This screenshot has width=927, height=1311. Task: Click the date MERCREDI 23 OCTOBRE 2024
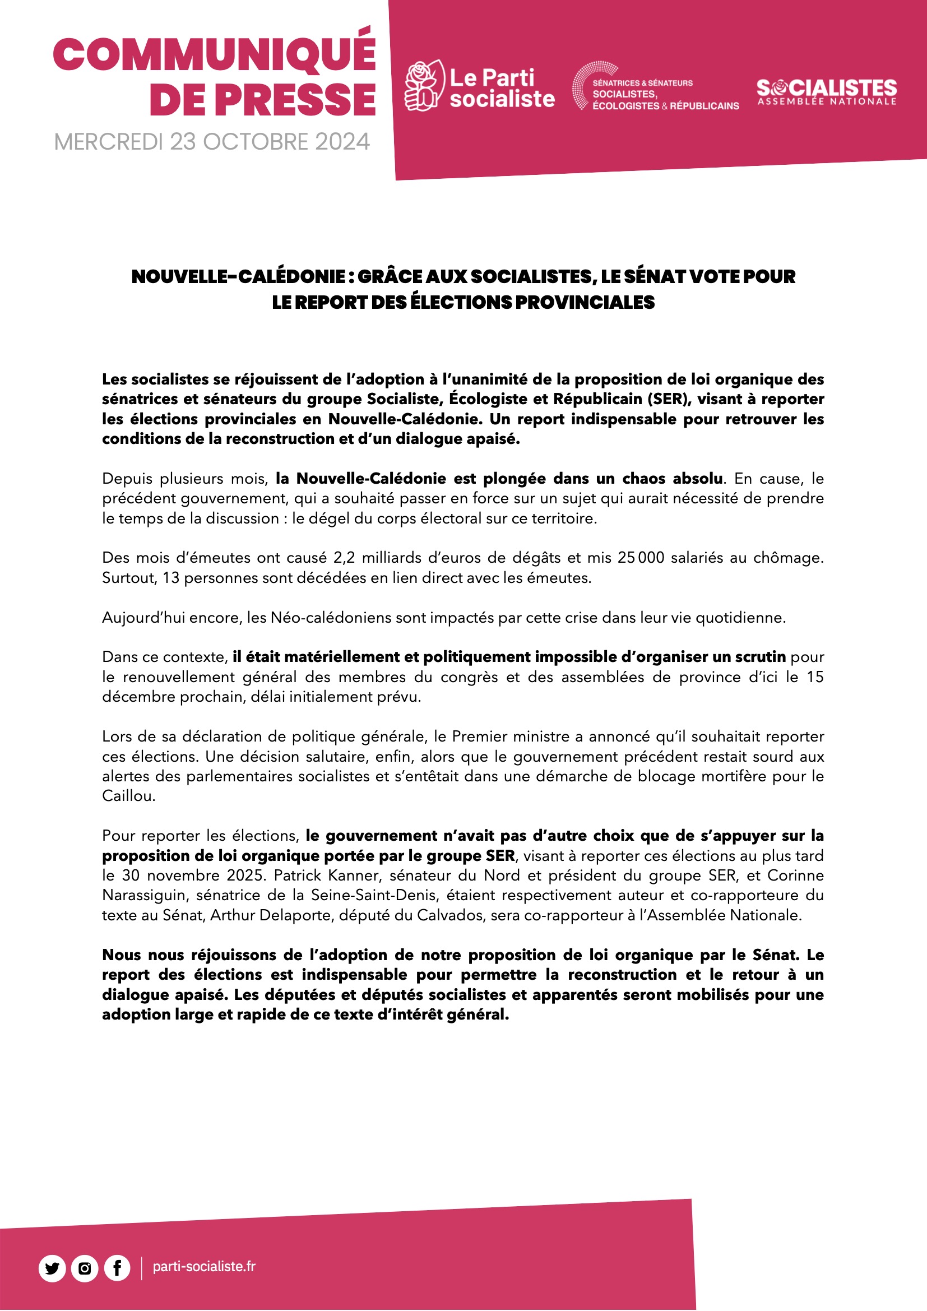pyautogui.click(x=212, y=142)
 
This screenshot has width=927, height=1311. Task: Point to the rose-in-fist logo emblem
pyautogui.click(x=423, y=86)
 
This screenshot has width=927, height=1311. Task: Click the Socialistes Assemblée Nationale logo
pyautogui.click(x=827, y=92)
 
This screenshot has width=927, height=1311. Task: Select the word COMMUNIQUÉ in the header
pyautogui.click(x=215, y=55)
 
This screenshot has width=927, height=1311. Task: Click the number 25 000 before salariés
pyautogui.click(x=641, y=558)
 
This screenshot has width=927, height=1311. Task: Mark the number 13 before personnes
pyautogui.click(x=171, y=578)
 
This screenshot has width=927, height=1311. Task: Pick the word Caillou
pyautogui.click(x=128, y=796)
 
